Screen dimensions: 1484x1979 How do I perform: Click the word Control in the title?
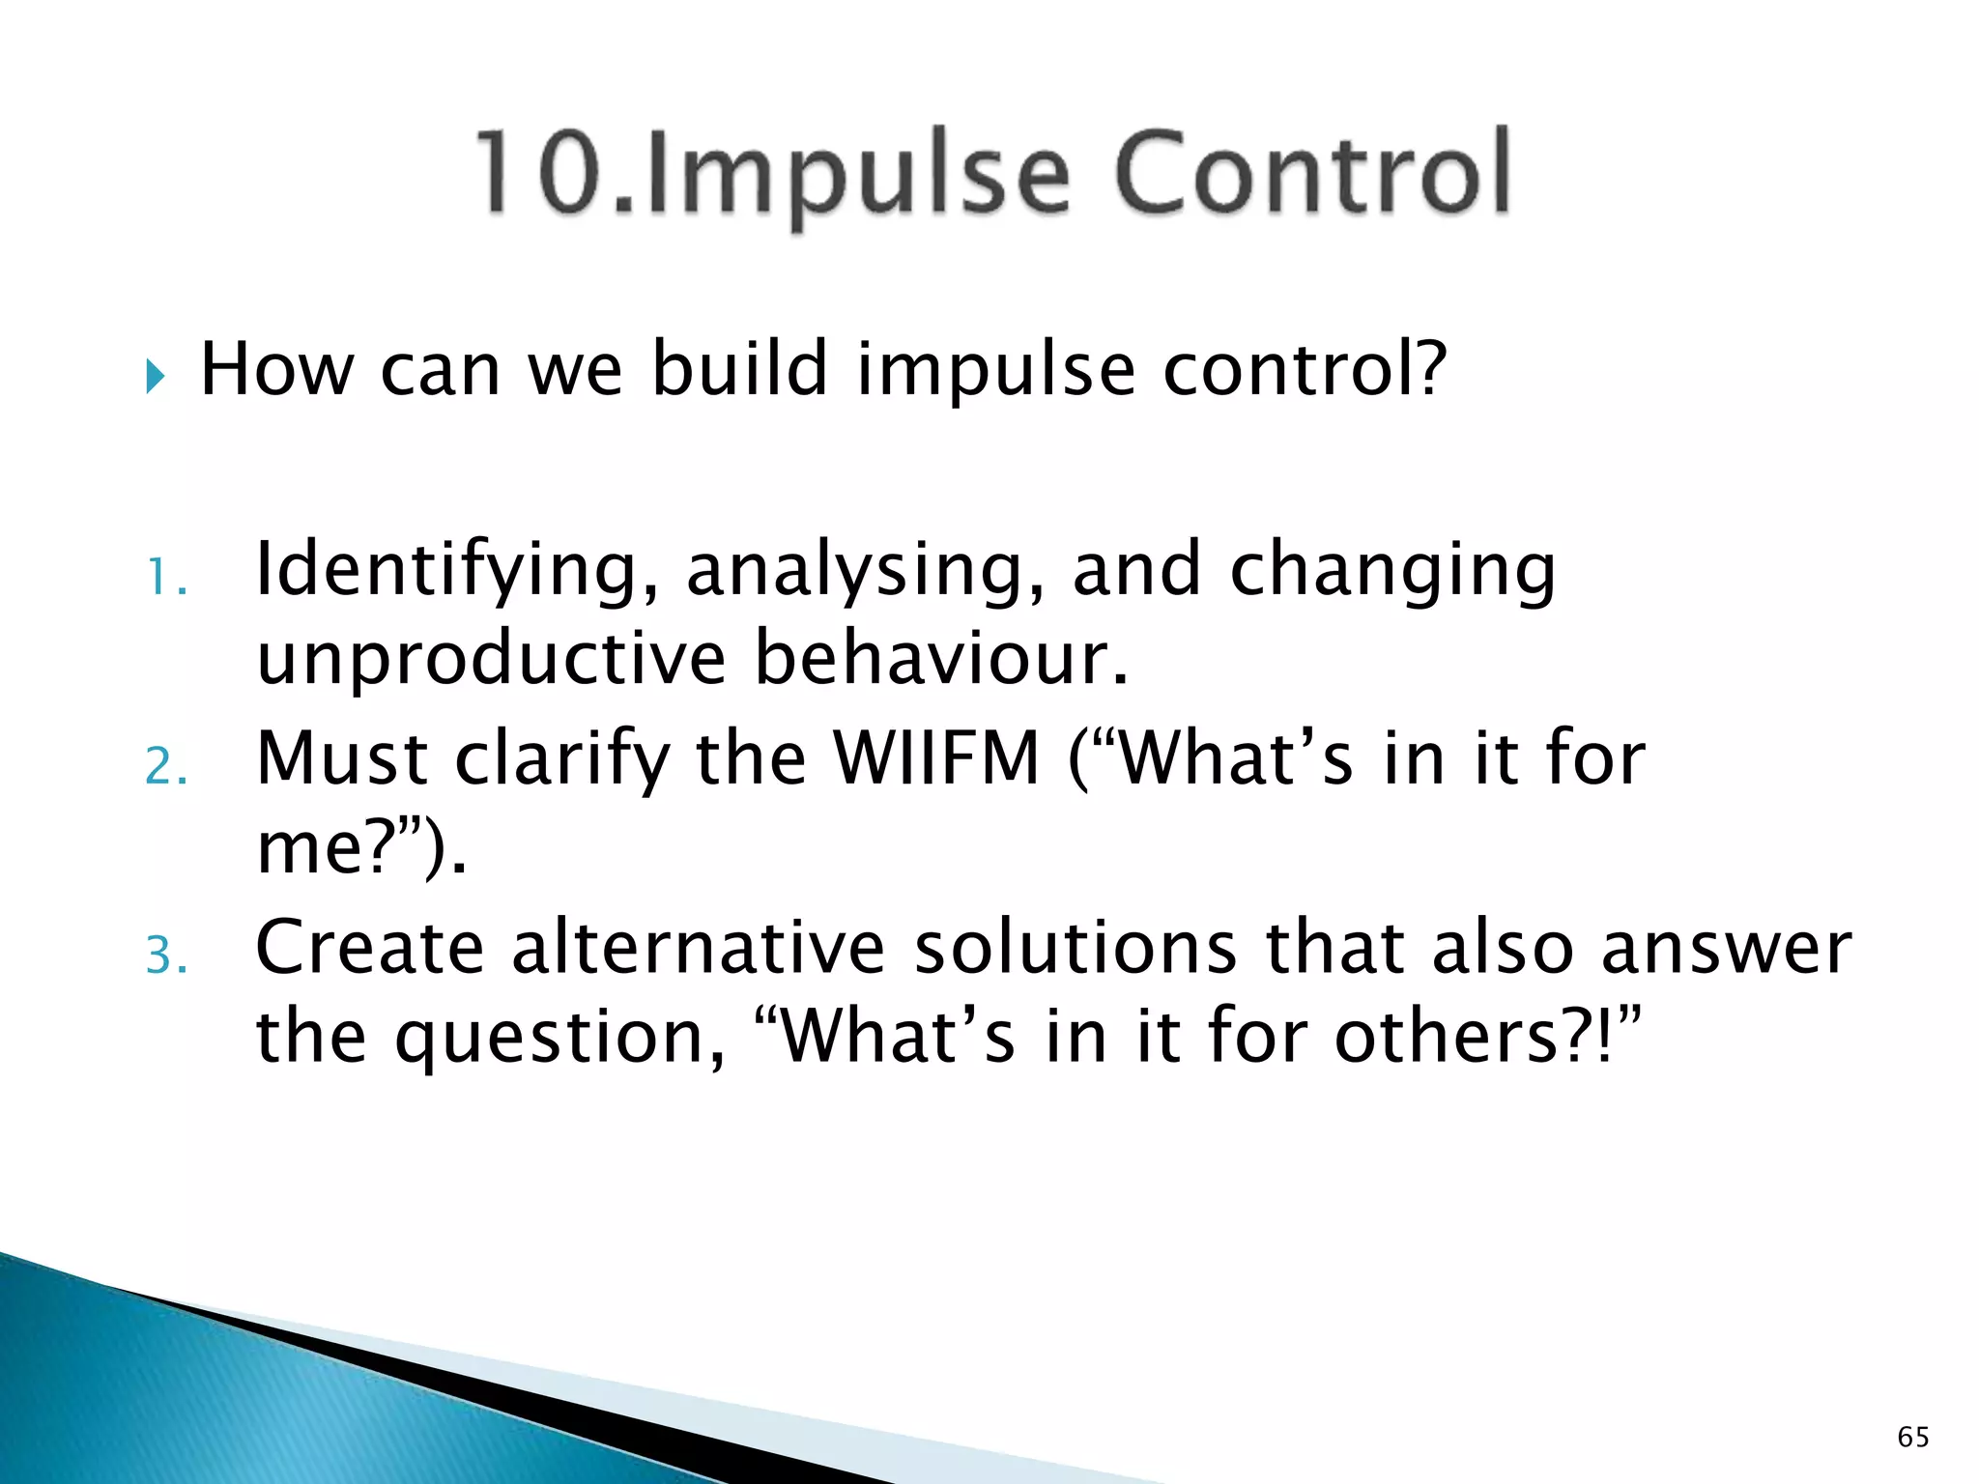pyautogui.click(x=1311, y=174)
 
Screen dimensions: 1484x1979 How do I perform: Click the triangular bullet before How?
pyautogui.click(x=156, y=376)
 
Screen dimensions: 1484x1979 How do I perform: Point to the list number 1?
pyautogui.click(x=165, y=579)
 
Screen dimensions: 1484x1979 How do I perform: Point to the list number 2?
pyautogui.click(x=165, y=768)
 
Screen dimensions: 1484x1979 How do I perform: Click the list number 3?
pyautogui.click(x=165, y=957)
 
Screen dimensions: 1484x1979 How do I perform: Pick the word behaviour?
pyautogui.click(x=940, y=659)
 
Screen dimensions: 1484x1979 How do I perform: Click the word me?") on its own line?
pyautogui.click(x=360, y=848)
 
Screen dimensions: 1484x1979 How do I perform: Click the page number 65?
pyautogui.click(x=1912, y=1437)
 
